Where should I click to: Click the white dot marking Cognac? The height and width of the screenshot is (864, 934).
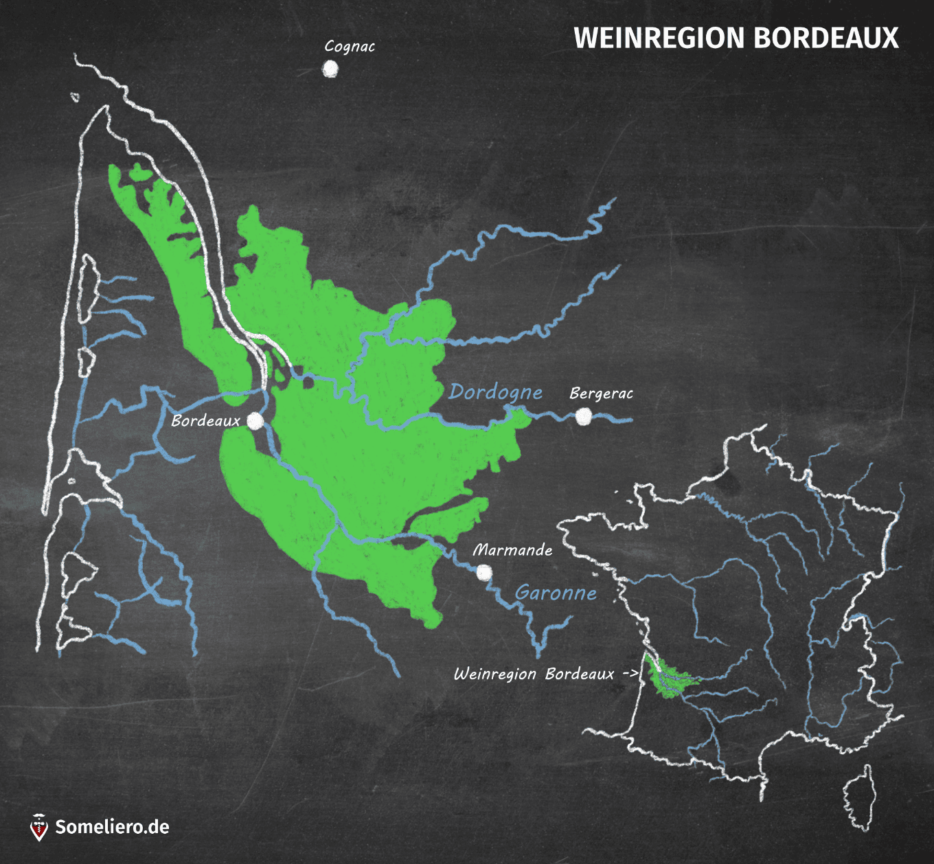(330, 69)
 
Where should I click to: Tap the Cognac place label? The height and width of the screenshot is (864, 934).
(350, 47)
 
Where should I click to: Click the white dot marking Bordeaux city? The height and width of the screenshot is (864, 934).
(255, 421)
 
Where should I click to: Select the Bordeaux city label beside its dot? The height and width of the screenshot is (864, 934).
(205, 420)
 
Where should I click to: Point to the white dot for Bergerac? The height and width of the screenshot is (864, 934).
(584, 416)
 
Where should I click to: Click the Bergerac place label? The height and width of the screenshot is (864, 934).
(601, 394)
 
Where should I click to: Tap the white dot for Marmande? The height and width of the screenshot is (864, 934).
(484, 572)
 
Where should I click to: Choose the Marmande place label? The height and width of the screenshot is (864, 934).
(512, 550)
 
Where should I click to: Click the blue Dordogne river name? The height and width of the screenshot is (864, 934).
(495, 392)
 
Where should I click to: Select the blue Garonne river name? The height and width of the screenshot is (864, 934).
(556, 593)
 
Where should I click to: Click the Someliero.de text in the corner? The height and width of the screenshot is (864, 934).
(112, 827)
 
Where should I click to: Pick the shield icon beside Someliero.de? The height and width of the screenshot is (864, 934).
(40, 827)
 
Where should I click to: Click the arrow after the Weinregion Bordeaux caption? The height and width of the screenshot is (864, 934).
(630, 673)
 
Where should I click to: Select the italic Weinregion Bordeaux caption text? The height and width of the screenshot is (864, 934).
(534, 674)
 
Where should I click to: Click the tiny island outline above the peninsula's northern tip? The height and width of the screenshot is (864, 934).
(75, 98)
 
